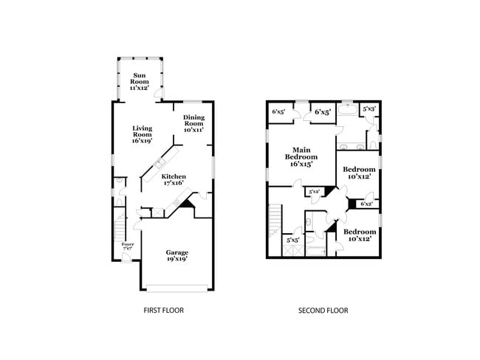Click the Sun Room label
coord(140,82)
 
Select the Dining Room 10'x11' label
coord(194,123)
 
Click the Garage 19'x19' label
coord(176,255)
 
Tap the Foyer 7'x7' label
coord(128,246)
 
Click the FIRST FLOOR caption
coord(163,311)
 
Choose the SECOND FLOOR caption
coord(323,311)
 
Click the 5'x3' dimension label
coord(369,109)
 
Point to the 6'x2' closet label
coord(366,204)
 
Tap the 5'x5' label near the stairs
coord(292,239)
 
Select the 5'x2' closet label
coord(314,192)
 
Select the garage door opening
coord(177,286)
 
